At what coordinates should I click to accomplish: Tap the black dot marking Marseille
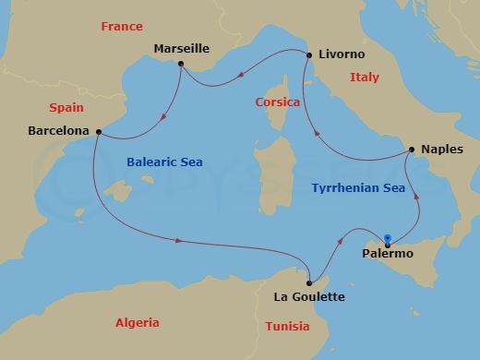click(x=181, y=64)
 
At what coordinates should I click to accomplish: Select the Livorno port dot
click(x=307, y=54)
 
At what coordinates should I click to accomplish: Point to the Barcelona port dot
click(x=98, y=131)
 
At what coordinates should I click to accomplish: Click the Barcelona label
click(x=59, y=131)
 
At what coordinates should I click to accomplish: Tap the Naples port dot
click(x=411, y=150)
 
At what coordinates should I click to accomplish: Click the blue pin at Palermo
click(x=388, y=237)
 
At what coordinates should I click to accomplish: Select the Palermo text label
click(x=388, y=254)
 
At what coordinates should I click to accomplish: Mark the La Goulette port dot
click(x=309, y=282)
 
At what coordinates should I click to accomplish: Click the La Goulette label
click(x=310, y=297)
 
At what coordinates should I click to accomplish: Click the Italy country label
click(x=365, y=78)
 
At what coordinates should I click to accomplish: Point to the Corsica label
click(x=277, y=102)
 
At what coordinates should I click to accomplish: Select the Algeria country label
click(x=137, y=323)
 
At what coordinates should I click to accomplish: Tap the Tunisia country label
click(x=287, y=327)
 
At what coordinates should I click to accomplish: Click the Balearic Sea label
click(x=164, y=162)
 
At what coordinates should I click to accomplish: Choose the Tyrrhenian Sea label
click(x=358, y=187)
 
